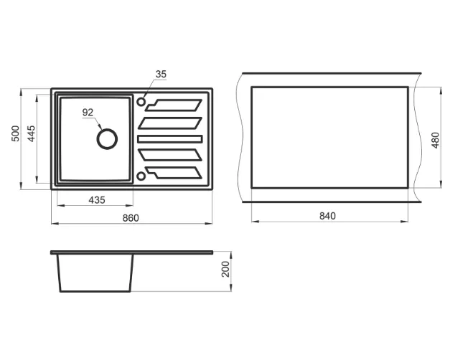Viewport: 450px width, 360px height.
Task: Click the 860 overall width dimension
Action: point(131,218)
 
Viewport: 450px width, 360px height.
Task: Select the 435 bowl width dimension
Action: point(97,200)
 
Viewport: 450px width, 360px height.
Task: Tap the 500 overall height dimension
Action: point(16,133)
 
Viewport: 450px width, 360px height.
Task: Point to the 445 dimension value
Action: point(31,133)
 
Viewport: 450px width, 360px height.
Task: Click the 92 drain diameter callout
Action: point(88,113)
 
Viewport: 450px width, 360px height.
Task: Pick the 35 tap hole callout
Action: point(161,74)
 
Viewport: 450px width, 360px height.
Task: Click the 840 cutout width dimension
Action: point(327,216)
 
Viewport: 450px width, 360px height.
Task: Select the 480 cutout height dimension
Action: point(436,141)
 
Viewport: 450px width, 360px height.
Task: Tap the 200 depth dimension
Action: point(226,269)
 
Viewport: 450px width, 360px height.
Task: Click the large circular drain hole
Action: point(107,129)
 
